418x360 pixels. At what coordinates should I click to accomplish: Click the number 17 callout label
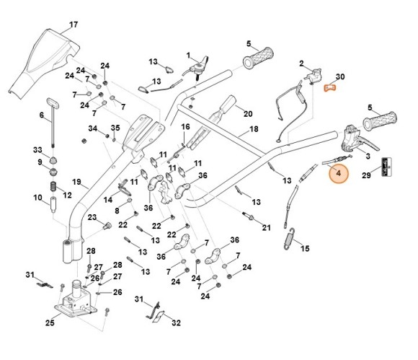73,25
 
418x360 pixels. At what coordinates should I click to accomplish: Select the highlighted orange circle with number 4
337,172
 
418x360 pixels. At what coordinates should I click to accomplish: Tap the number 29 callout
386,175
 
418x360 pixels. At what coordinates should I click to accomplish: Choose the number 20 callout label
247,113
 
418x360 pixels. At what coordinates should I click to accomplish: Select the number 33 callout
38,149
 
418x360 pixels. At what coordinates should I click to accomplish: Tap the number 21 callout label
267,228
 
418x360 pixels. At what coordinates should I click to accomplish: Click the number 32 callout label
176,322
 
